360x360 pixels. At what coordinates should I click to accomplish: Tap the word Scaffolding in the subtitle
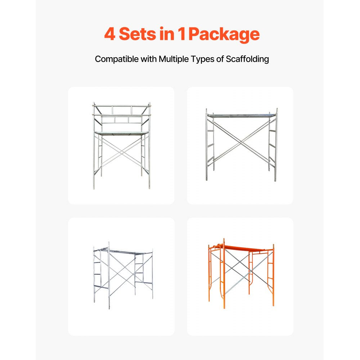pos(247,59)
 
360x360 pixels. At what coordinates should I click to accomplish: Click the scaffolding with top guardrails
pos(121,145)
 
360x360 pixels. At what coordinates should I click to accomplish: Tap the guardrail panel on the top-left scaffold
pos(122,114)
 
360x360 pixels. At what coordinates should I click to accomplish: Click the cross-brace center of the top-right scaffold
pos(240,144)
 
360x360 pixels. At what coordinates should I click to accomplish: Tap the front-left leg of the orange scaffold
pos(224,277)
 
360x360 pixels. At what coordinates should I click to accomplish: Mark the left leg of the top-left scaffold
pos(94,151)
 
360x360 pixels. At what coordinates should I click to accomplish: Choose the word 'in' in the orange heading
pos(167,34)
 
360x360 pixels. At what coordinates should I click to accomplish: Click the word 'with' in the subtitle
pos(149,59)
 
